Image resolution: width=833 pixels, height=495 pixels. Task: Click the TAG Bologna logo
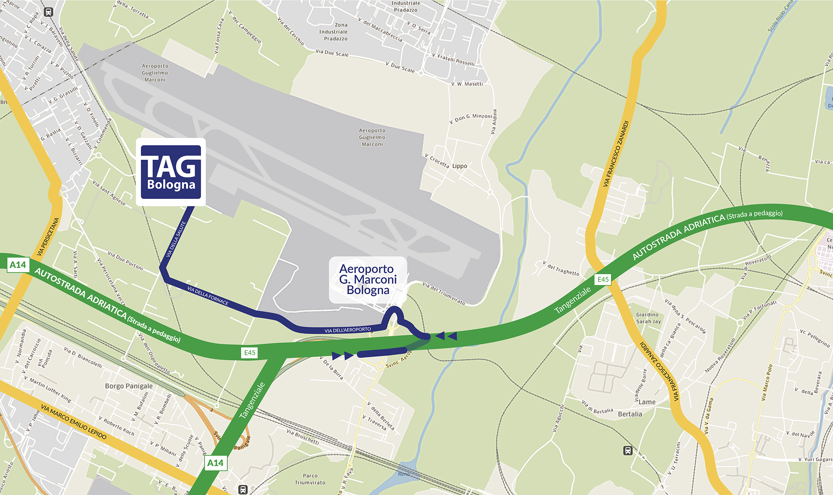pyautogui.click(x=171, y=172)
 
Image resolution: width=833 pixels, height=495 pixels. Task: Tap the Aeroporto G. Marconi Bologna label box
pyautogui.click(x=368, y=279)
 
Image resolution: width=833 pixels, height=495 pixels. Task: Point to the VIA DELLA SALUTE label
pyautogui.click(x=176, y=239)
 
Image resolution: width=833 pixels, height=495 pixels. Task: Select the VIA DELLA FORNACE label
pyautogui.click(x=208, y=296)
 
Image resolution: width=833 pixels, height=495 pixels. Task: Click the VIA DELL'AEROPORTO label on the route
pyautogui.click(x=347, y=330)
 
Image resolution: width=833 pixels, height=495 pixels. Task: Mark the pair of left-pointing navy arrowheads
pyautogui.click(x=446, y=336)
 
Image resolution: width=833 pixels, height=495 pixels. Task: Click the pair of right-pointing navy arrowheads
pyautogui.click(x=343, y=356)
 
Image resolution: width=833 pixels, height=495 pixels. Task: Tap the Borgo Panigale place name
pyautogui.click(x=129, y=386)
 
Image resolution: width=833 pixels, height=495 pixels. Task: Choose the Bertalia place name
pyautogui.click(x=630, y=414)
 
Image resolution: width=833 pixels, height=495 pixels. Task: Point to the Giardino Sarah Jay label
pyautogui.click(x=648, y=318)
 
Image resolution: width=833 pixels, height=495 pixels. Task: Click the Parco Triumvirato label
pyautogui.click(x=310, y=479)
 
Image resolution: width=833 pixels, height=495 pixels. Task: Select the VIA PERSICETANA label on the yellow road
pyautogui.click(x=48, y=236)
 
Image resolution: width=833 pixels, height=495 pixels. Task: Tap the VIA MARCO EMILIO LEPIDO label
pyautogui.click(x=74, y=421)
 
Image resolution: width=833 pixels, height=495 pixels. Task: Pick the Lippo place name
pyautogui.click(x=459, y=166)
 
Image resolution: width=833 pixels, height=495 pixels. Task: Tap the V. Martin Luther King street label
pyautogui.click(x=47, y=389)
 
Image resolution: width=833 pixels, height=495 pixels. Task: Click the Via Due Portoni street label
pyautogui.click(x=125, y=261)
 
